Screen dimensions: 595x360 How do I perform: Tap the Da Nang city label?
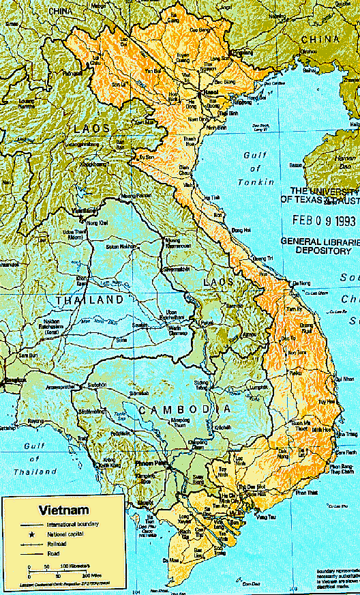pyautogui.click(x=300, y=283)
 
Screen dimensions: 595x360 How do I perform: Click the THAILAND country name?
pyautogui.click(x=90, y=300)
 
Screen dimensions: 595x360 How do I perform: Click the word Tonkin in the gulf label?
pyautogui.click(x=256, y=182)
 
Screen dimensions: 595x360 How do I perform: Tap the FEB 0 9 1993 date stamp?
pyautogui.click(x=325, y=221)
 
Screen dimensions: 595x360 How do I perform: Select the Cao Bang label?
pyautogui.click(x=200, y=30)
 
